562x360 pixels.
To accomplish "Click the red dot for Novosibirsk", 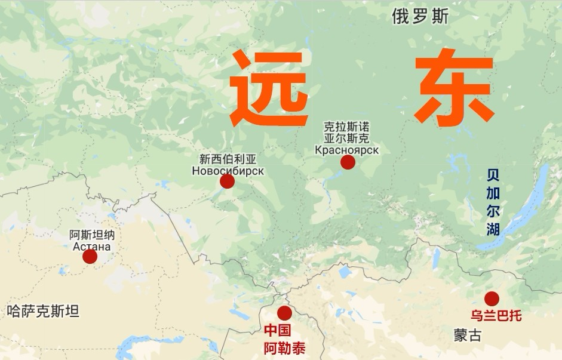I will coord(227,181).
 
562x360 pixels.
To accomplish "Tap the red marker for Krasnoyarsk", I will coord(348,162).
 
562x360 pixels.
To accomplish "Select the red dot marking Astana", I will coord(90,257).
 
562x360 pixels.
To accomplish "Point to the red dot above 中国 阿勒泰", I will coord(285,313).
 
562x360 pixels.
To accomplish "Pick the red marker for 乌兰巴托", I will coord(492,299).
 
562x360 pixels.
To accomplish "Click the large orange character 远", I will coord(270,89).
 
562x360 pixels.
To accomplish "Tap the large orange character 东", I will coord(455,89).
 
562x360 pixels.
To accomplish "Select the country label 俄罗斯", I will coord(420,17).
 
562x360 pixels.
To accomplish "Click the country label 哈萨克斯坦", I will coord(42,310).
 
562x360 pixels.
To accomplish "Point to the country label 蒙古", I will coord(467,335).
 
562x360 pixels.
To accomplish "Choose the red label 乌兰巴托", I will coord(496,315).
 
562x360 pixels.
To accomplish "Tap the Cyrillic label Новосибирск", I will coord(228,171).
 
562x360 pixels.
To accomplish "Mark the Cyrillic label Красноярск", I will coord(347,149).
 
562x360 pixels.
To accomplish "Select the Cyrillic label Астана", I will coord(91,246).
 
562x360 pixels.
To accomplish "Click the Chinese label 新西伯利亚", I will coord(228,159).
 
